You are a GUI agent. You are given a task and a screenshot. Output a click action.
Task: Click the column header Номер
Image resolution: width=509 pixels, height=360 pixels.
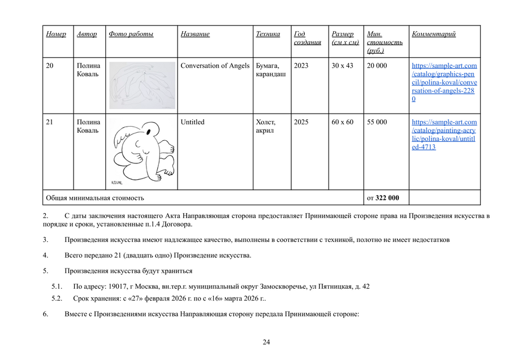55,34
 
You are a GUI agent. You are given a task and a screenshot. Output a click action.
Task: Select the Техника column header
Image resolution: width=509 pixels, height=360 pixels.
268,34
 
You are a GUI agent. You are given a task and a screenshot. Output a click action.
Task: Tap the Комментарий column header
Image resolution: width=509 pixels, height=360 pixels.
434,34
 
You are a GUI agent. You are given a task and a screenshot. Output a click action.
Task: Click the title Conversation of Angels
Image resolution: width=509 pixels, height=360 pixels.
215,66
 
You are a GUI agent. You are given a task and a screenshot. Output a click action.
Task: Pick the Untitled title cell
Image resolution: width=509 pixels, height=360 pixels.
192,122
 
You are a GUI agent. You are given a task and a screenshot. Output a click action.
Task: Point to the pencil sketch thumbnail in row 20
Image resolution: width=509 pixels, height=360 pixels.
142,85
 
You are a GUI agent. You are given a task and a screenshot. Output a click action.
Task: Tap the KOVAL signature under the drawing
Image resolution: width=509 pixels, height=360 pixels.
118,182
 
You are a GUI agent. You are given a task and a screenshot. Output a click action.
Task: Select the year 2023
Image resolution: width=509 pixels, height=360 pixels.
301,66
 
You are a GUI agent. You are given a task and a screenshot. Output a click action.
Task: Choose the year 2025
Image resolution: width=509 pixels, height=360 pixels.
301,122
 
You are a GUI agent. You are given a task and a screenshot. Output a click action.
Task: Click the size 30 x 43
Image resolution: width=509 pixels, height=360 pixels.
342,66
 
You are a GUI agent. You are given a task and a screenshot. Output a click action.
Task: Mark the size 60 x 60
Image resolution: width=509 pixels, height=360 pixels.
342,122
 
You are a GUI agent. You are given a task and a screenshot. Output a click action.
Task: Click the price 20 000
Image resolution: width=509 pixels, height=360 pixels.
377,66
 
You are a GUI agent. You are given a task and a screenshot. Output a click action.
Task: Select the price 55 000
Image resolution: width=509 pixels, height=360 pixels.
377,122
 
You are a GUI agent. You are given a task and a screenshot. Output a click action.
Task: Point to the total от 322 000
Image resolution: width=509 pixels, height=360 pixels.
383,198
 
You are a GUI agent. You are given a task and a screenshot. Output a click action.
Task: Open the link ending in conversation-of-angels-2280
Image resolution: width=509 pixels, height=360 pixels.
444,83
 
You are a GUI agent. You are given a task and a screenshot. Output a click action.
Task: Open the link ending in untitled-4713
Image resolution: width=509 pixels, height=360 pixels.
444,135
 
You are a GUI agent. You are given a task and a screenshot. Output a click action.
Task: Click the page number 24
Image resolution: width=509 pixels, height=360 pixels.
266,342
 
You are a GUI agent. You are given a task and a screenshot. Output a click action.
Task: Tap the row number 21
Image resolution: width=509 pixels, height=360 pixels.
50,122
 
